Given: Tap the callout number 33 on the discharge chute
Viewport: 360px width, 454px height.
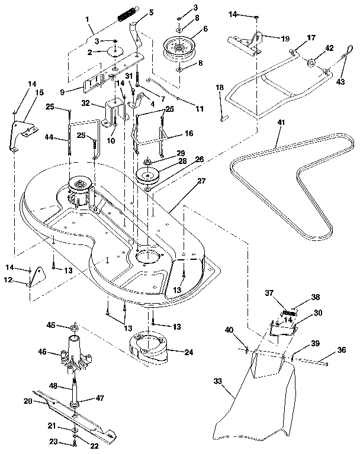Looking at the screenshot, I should click(x=220, y=382).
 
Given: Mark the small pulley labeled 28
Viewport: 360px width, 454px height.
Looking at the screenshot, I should click(x=147, y=176).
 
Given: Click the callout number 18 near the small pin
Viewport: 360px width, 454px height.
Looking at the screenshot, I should click(x=220, y=88).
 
